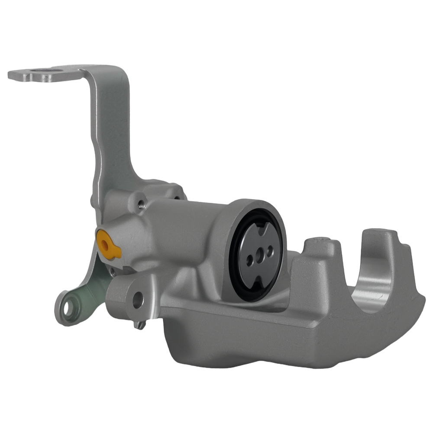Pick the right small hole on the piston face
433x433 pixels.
(270, 250)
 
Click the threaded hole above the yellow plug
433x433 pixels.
(140, 203)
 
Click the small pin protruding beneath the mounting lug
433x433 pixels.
(139, 325)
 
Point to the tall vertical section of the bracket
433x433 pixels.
(110, 130)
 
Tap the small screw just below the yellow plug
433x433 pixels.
(112, 271)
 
